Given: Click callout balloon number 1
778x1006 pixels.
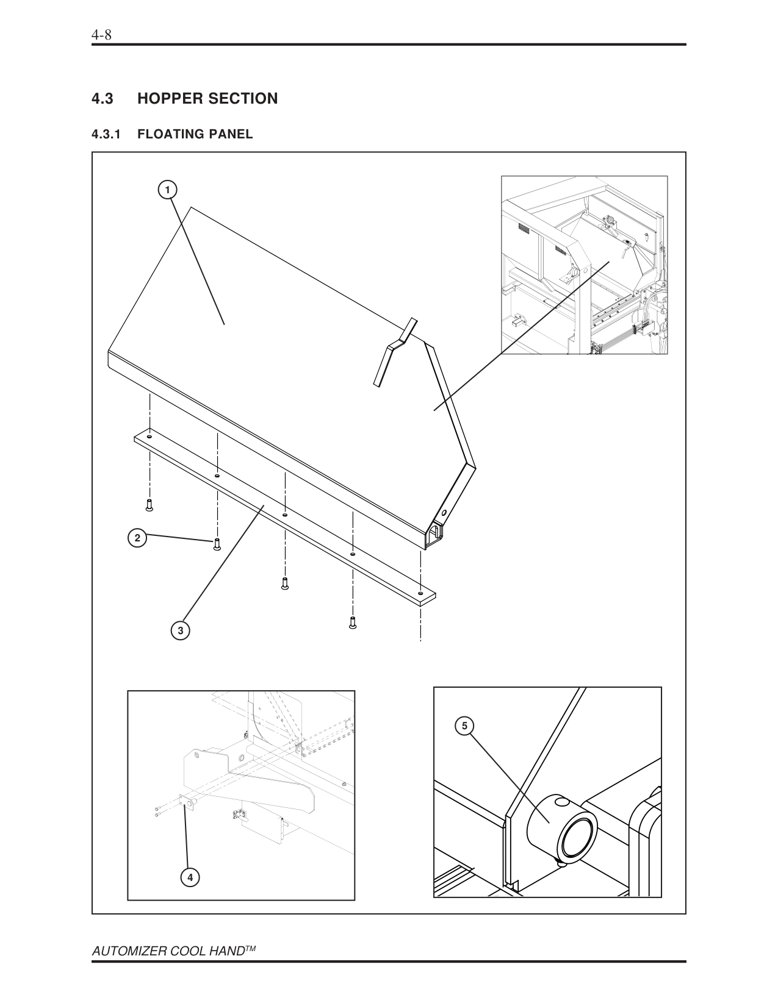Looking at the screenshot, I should coord(167,190).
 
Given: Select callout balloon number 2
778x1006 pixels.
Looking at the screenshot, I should coord(137,538).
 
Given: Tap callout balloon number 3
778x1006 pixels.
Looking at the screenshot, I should coord(180,630).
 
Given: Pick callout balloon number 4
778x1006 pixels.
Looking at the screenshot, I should coord(190,877).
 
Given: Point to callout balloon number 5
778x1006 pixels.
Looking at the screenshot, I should coord(464,726).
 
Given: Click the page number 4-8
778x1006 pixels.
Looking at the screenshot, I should coord(101,35).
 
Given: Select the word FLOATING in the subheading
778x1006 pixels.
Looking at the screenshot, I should coord(170,135).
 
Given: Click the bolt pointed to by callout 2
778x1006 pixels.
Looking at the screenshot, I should coord(216,544).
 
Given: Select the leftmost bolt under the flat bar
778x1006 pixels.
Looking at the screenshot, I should coord(149,504).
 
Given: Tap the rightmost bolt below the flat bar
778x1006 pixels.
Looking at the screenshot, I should coord(352,623).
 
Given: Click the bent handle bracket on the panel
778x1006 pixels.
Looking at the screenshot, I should coord(394,351).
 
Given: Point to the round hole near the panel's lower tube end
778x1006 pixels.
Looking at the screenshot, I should coord(444,512).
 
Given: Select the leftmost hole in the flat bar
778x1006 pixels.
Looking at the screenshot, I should coord(149,437).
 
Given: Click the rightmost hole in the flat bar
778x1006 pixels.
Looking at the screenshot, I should coord(420,593).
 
